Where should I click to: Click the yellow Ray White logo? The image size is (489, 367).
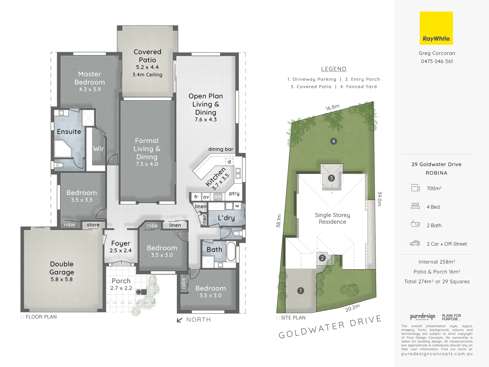coord(436,28)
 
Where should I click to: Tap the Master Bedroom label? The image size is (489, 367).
coord(90,78)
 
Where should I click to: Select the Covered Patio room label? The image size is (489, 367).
coord(147,56)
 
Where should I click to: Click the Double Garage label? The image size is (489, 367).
coord(61,268)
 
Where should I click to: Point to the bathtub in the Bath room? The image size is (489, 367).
coord(231,251)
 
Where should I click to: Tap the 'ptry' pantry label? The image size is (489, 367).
coord(234,193)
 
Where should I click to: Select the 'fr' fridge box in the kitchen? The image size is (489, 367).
coord(196,197)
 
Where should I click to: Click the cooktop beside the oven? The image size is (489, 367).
coord(218,197)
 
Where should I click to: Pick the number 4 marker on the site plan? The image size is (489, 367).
coord(333,141)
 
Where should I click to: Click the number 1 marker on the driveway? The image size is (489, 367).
coord(300,291)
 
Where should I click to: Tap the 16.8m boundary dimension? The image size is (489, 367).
coord(332,108)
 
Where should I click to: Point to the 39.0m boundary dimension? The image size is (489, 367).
coord(380,199)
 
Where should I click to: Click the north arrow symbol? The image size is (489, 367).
coord(180,320)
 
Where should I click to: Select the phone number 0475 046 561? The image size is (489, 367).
coord(437,62)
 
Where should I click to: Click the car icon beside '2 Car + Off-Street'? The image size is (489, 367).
coord(415,243)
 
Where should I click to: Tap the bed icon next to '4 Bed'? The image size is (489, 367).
coord(415,206)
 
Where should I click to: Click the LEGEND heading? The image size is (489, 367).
coord(333,69)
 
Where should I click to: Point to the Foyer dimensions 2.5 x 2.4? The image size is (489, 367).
coord(121,250)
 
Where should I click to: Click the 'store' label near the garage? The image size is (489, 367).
coord(93,225)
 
